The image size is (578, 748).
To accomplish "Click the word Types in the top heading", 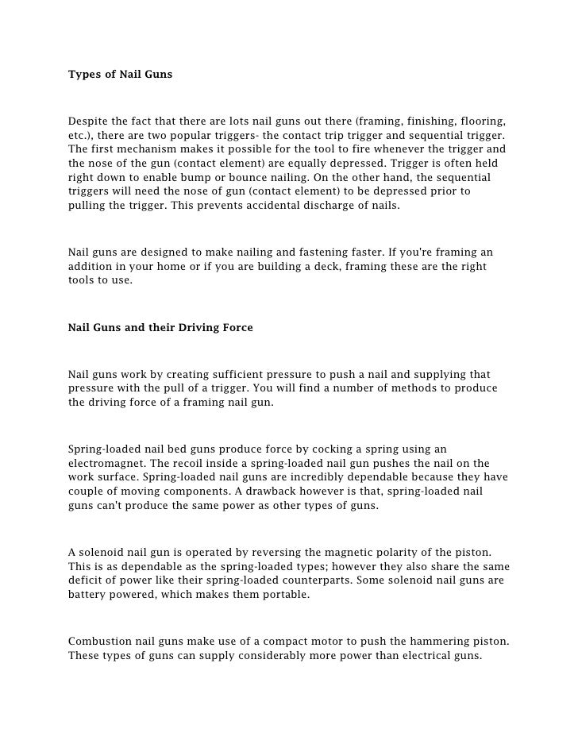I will [x=83, y=75].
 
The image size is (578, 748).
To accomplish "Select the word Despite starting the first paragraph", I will [x=90, y=121].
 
